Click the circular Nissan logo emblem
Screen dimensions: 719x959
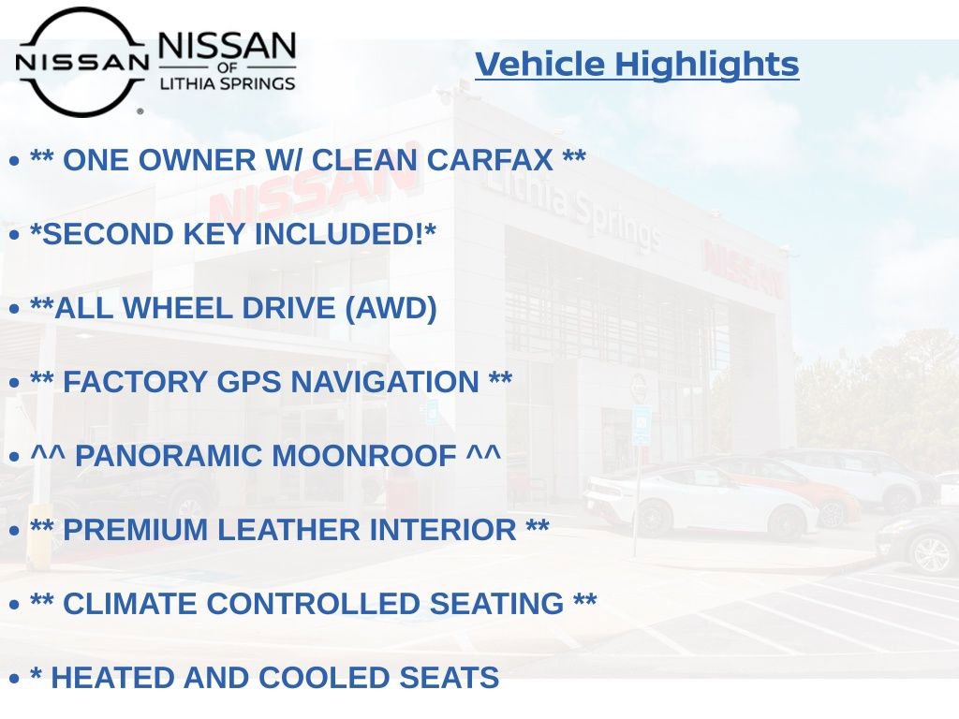pyautogui.click(x=81, y=62)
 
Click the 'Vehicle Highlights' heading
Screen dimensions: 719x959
pyautogui.click(x=637, y=65)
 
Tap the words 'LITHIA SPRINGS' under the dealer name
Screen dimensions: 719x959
pyautogui.click(x=227, y=83)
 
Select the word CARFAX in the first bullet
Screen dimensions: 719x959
pyautogui.click(x=490, y=160)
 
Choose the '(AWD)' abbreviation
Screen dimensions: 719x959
pyautogui.click(x=391, y=308)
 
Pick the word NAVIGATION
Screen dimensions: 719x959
pyautogui.click(x=385, y=382)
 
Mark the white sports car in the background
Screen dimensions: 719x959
pyautogui.click(x=698, y=501)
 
